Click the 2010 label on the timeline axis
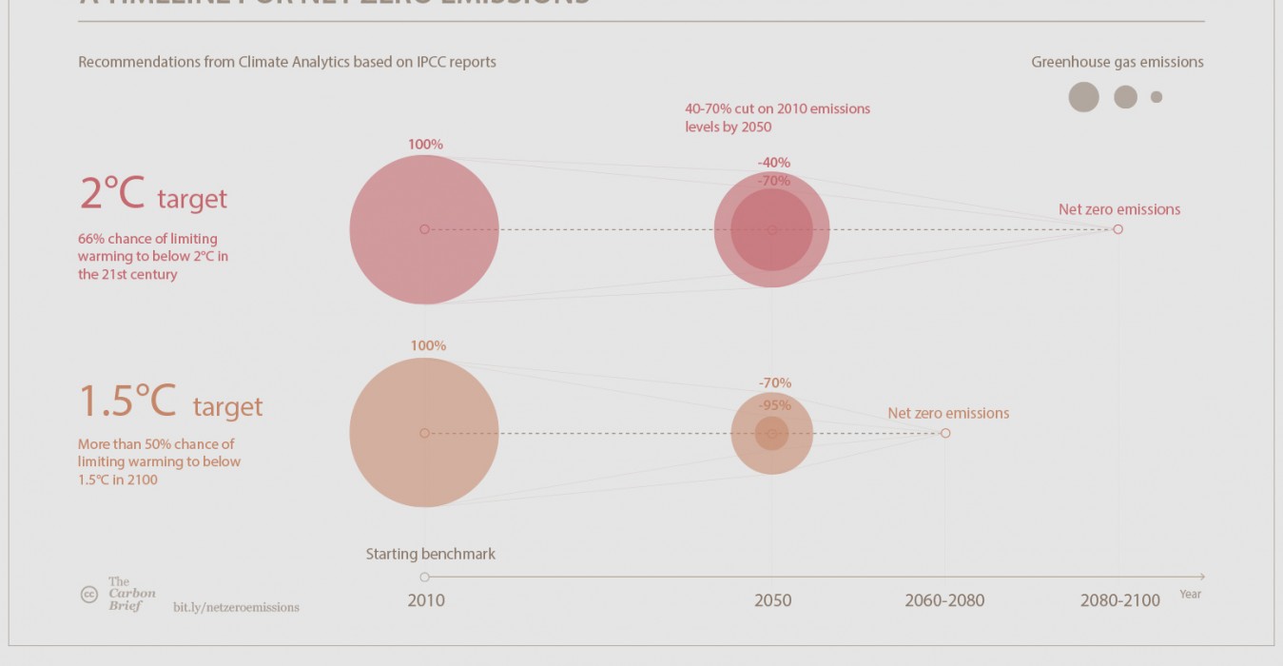(425, 600)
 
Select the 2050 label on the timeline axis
(772, 600)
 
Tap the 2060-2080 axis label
(944, 600)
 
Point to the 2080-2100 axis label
(1119, 600)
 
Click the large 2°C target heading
(153, 195)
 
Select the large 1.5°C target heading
(170, 402)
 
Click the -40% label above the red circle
(773, 163)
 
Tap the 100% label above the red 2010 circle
(425, 145)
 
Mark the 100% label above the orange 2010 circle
(428, 345)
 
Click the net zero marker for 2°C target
(1118, 229)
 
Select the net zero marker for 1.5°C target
(945, 433)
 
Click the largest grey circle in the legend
(1083, 97)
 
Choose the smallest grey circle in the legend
(1157, 97)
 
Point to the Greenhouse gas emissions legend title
(1117, 62)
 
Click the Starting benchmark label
(431, 554)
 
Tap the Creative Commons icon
(88, 595)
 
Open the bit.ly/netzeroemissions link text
(236, 607)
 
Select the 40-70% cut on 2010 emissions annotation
(777, 118)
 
